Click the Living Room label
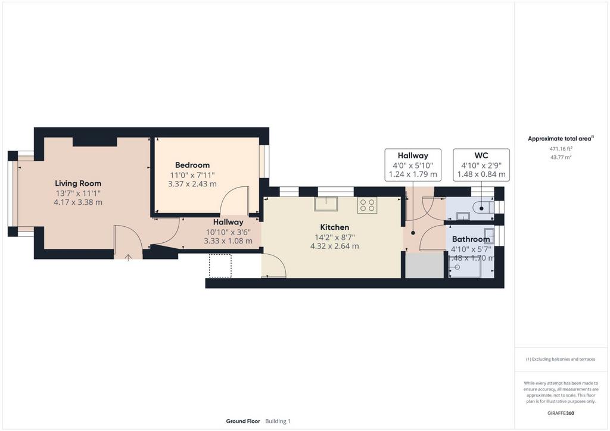[78, 183]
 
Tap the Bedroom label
[192, 165]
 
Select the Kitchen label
[335, 227]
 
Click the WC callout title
[481, 155]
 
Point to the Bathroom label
[471, 239]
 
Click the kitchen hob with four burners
[367, 205]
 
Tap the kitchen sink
[326, 204]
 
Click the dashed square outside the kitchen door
[220, 266]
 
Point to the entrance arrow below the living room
[128, 257]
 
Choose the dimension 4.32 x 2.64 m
[335, 246]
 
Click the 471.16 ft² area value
[561, 148]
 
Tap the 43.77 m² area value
[561, 157]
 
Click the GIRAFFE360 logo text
[561, 413]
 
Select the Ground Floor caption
[243, 421]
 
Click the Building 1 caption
[278, 421]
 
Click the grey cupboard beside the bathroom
[424, 265]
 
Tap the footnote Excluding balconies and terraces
[561, 359]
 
